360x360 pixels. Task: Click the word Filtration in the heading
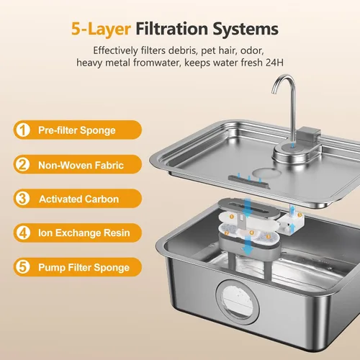(x=172, y=29)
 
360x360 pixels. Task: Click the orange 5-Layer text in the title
(x=101, y=30)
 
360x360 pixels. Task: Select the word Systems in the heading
(x=246, y=30)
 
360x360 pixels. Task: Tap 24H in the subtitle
(x=274, y=63)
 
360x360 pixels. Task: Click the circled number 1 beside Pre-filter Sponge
(x=23, y=130)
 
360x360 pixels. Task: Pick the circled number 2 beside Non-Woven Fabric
(x=23, y=164)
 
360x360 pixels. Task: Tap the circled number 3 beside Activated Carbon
(x=23, y=199)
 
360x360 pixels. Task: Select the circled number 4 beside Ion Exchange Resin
(x=23, y=233)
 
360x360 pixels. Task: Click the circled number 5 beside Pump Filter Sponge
(x=23, y=267)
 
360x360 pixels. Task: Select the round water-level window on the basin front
(x=238, y=300)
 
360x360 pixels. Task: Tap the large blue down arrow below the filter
(x=248, y=246)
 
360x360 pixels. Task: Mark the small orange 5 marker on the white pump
(x=300, y=215)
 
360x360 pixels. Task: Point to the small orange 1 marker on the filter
(x=232, y=217)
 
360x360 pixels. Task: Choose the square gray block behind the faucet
(x=309, y=135)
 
